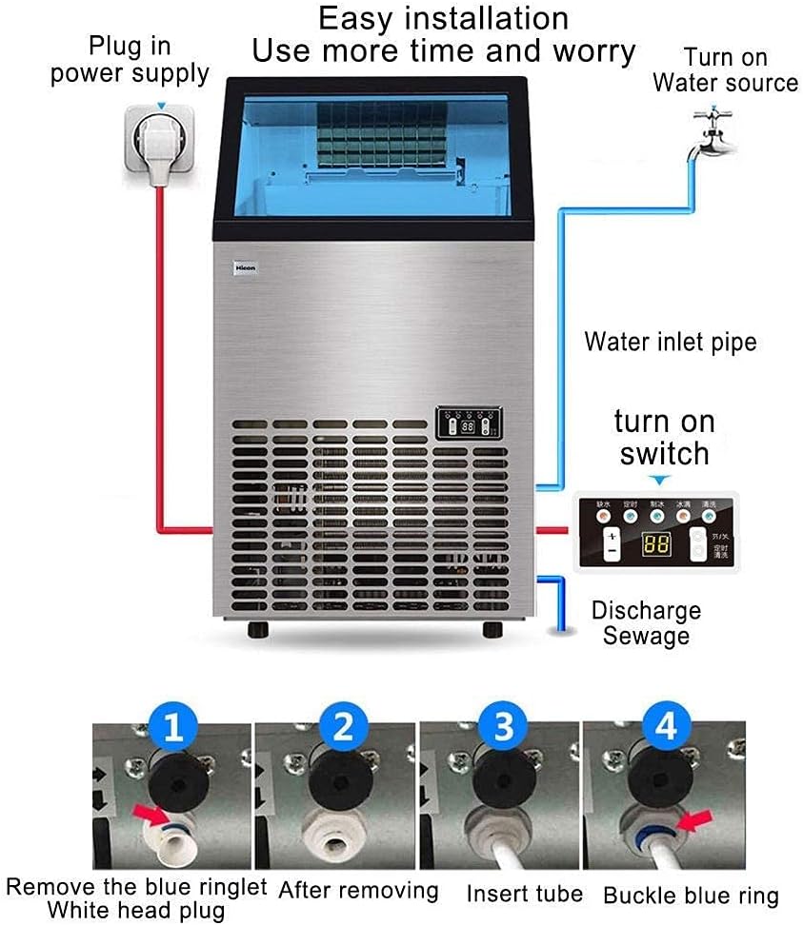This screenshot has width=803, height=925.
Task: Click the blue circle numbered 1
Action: pyautogui.click(x=172, y=730)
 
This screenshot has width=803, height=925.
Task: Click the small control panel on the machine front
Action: pyautogui.click(x=469, y=423)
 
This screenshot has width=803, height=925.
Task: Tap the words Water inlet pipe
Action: pyautogui.click(x=670, y=341)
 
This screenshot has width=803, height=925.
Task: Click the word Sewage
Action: pyautogui.click(x=646, y=636)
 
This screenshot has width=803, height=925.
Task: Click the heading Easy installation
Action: pyautogui.click(x=443, y=18)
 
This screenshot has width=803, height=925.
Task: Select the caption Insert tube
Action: pyautogui.click(x=524, y=894)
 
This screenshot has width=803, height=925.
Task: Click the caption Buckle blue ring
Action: pyautogui.click(x=691, y=895)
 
